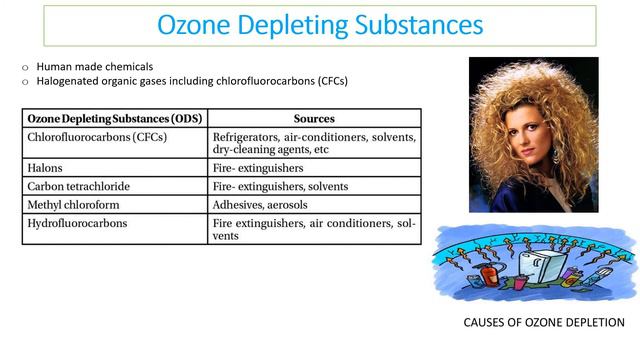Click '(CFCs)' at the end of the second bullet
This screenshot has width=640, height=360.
pyautogui.click(x=329, y=81)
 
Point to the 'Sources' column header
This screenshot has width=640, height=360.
pyautogui.click(x=314, y=118)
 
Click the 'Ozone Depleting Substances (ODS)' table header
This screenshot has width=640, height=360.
pyautogui.click(x=115, y=118)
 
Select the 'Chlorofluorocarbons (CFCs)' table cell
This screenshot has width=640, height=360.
pyautogui.click(x=97, y=136)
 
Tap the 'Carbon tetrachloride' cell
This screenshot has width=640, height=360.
pyautogui.click(x=79, y=186)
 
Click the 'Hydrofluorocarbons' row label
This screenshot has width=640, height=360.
pyautogui.click(x=77, y=223)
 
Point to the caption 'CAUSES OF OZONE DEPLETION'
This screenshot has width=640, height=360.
pyautogui.click(x=544, y=323)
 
